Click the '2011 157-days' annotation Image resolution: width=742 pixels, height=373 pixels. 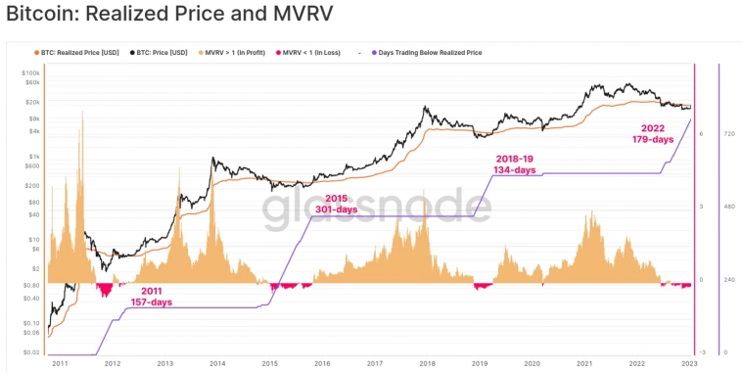(151, 297)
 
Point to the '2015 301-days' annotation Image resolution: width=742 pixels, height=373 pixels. (336, 204)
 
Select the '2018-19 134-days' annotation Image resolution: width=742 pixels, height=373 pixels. (514, 163)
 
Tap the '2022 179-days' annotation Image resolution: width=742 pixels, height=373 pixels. (653, 134)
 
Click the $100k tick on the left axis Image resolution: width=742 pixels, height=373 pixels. (31, 73)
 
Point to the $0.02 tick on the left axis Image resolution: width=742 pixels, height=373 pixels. (31, 352)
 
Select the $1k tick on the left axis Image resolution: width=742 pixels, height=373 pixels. (34, 157)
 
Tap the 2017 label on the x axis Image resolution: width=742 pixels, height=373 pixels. (374, 363)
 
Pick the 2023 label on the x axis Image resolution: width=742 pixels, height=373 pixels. (690, 363)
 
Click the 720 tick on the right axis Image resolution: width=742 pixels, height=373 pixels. (729, 133)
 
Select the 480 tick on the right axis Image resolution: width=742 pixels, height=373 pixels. (729, 207)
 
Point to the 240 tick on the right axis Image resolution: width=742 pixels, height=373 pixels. (729, 280)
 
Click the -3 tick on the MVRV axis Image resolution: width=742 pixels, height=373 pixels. (701, 352)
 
